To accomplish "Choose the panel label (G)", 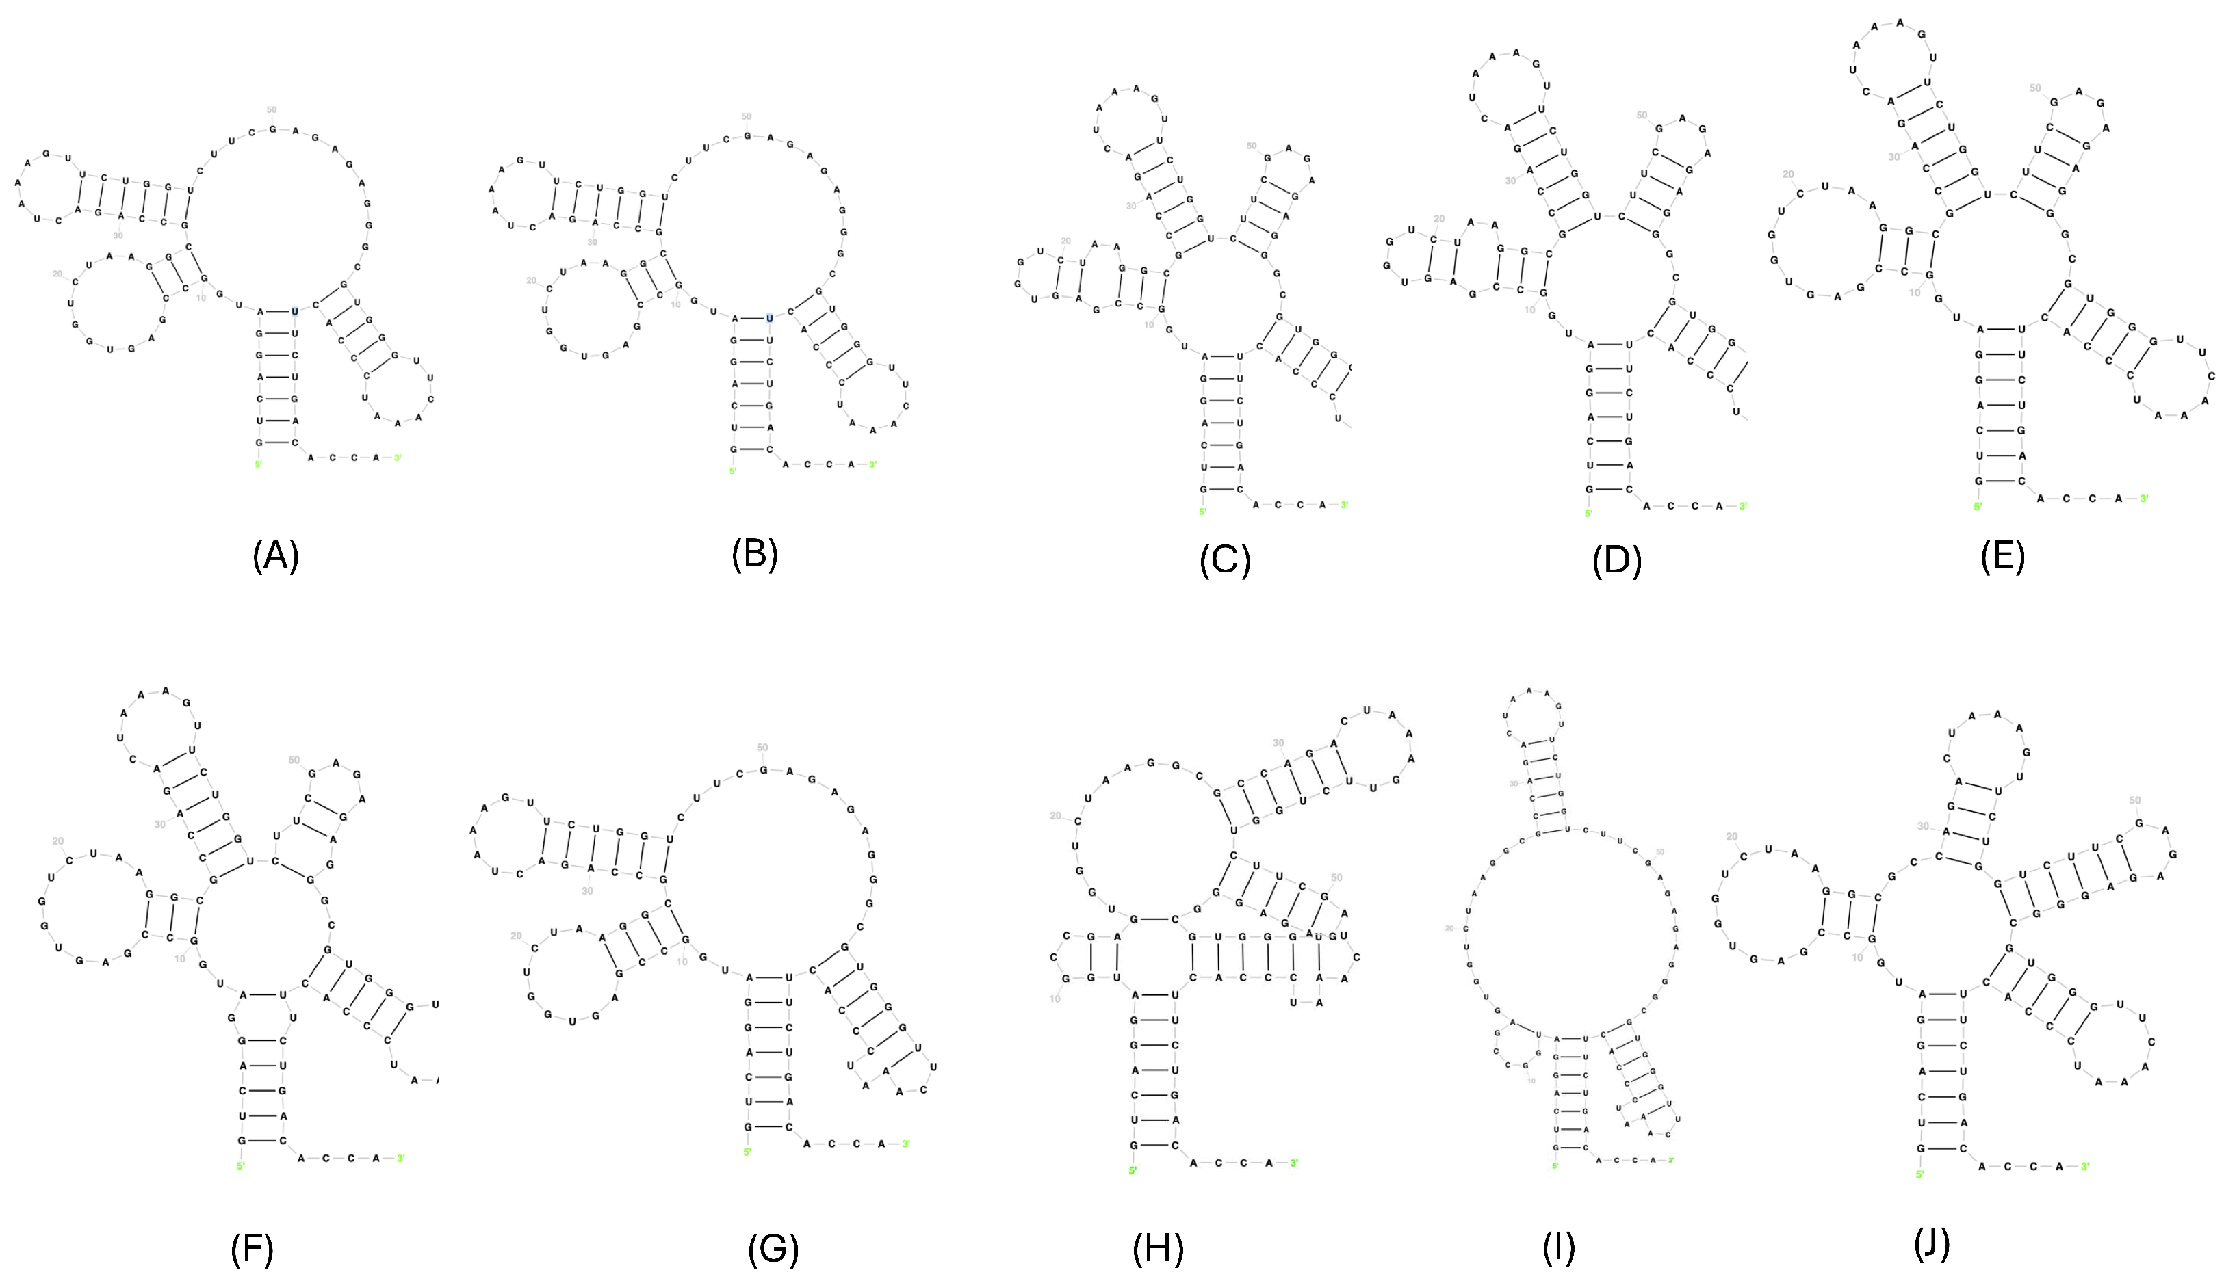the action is tap(773, 1250).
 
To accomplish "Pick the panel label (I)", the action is tap(1558, 1247).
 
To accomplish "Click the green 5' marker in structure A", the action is tap(258, 464).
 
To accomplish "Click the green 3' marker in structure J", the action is tap(2084, 1167).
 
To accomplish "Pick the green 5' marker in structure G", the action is tap(747, 1152).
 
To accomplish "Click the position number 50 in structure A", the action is tap(271, 110).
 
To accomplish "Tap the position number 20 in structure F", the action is tap(58, 841).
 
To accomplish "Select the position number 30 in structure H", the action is tap(1278, 743).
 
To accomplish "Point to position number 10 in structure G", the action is tap(681, 962).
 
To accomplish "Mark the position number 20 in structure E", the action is tap(1787, 174).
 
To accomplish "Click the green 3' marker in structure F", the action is tap(400, 1158).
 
